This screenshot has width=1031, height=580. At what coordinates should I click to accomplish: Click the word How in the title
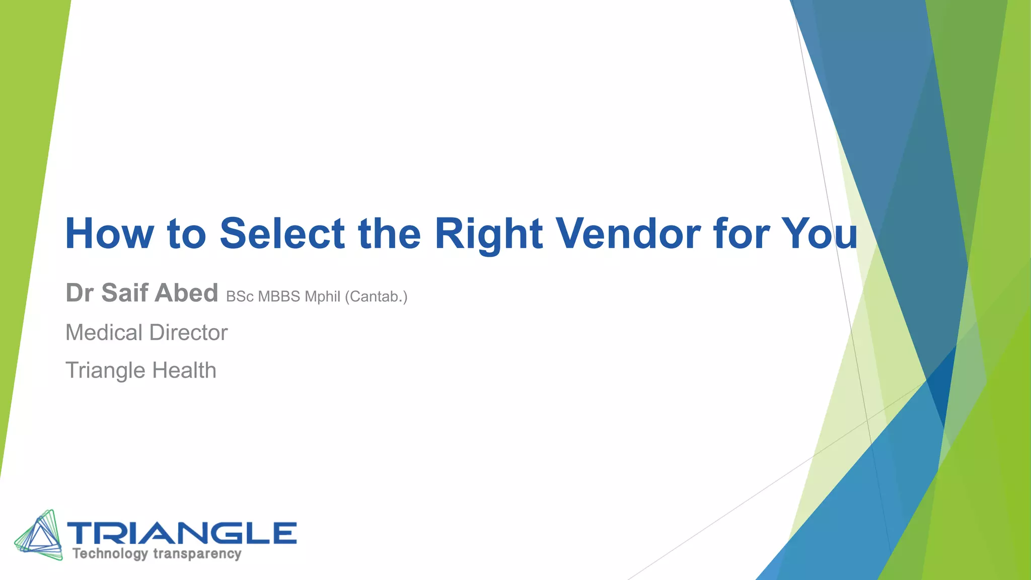(109, 234)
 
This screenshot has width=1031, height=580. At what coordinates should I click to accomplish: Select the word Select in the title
(282, 234)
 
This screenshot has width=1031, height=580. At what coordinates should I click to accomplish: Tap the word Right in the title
(488, 234)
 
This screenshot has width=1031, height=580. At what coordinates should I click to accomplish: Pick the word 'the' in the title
(389, 234)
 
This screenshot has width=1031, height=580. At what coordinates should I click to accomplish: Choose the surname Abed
(186, 293)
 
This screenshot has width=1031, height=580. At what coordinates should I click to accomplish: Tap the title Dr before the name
(80, 293)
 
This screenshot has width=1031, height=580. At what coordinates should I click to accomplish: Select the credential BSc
(240, 297)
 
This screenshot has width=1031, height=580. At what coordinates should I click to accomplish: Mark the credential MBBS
(279, 297)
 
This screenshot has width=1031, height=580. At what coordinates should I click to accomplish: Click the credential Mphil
(322, 297)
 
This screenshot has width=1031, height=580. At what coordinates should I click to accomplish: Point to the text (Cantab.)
(376, 297)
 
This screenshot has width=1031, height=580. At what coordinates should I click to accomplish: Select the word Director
(188, 333)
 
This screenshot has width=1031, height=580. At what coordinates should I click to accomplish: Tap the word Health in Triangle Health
(184, 371)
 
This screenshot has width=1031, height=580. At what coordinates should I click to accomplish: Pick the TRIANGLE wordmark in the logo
(182, 533)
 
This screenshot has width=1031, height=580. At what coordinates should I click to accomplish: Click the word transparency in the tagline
(197, 554)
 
